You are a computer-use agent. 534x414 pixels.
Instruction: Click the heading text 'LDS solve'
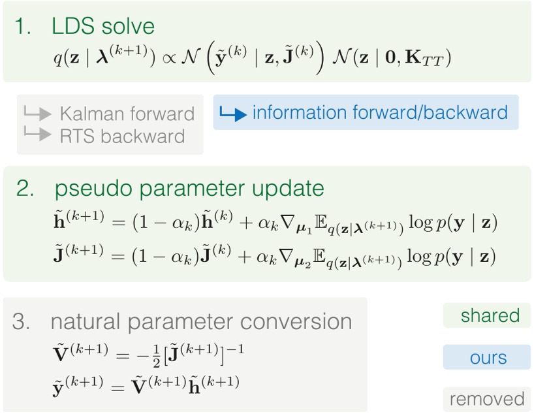click(103, 27)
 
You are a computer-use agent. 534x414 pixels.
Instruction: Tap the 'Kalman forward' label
click(127, 114)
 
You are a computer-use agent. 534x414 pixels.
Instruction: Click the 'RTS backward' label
click(122, 136)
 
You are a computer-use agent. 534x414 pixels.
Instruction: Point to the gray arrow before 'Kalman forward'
click(37, 113)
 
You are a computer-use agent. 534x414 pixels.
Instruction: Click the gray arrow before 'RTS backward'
click(37, 135)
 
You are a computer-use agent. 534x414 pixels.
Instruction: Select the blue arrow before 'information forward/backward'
click(234, 113)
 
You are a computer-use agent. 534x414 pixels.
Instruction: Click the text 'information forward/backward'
click(380, 112)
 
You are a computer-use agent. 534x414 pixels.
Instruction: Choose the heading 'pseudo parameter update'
click(189, 189)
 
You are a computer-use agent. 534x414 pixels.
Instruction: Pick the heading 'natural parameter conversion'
click(201, 322)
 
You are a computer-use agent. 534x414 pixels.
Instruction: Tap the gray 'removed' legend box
click(487, 399)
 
